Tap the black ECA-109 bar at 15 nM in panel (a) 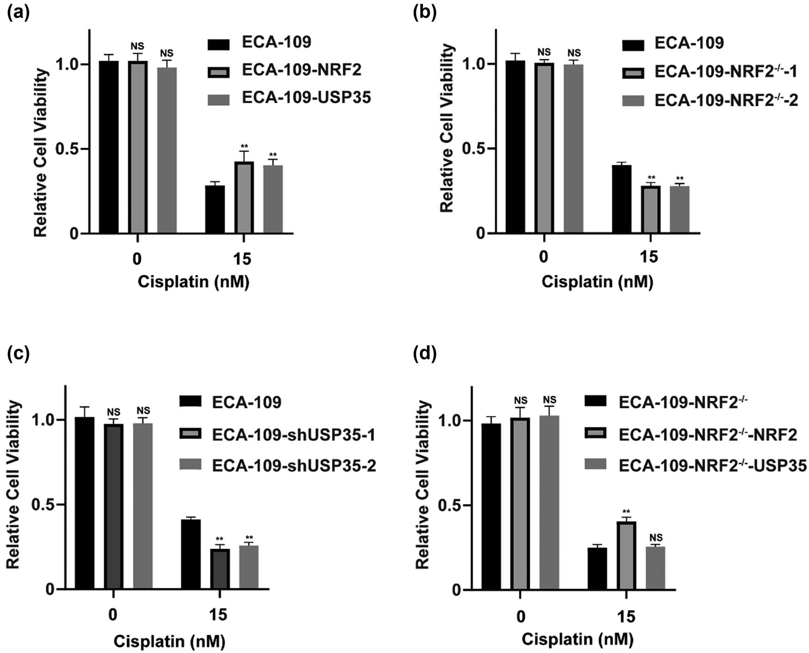click(215, 209)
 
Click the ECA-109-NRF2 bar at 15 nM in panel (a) click(244, 198)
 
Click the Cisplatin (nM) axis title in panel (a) click(193, 281)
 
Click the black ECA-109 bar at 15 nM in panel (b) click(622, 199)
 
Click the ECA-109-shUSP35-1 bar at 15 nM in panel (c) click(219, 569)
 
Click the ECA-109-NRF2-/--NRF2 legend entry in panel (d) click(707, 434)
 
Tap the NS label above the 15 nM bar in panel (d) click(656, 537)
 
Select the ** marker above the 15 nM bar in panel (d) click(626, 512)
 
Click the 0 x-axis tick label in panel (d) click(521, 616)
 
